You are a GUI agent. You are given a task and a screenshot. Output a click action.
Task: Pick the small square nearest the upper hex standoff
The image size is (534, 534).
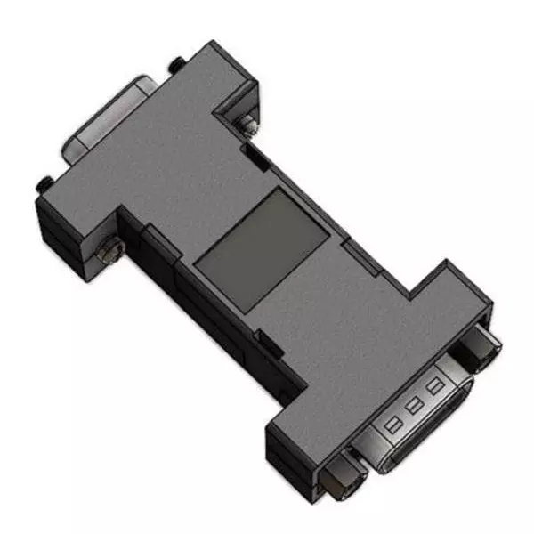(x=434, y=387)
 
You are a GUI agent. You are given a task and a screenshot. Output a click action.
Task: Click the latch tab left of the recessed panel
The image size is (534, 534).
(x=156, y=236)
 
